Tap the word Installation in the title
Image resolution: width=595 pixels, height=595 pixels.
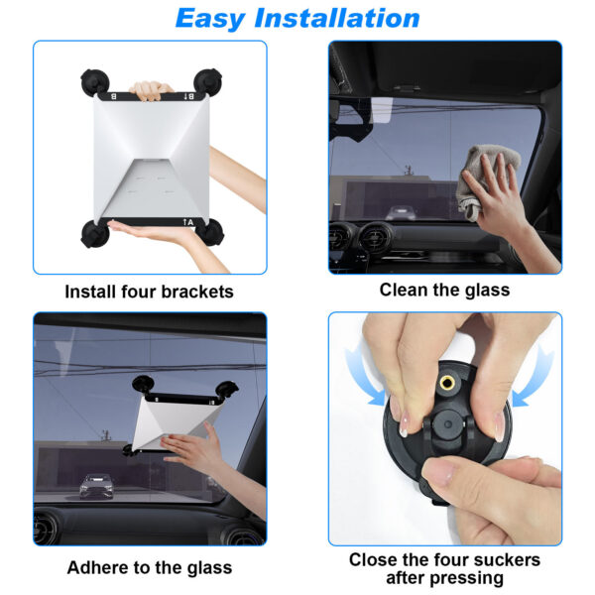click(x=337, y=18)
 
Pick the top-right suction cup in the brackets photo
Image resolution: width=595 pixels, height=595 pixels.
click(x=208, y=82)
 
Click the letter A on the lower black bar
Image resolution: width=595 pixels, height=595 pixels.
click(x=190, y=222)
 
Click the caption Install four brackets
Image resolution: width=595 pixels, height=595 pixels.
click(x=149, y=292)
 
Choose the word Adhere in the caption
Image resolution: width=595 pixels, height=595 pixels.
click(x=101, y=567)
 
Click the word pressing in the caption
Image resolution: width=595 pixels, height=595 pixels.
click(x=468, y=578)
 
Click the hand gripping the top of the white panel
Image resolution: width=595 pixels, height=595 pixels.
click(x=151, y=90)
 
